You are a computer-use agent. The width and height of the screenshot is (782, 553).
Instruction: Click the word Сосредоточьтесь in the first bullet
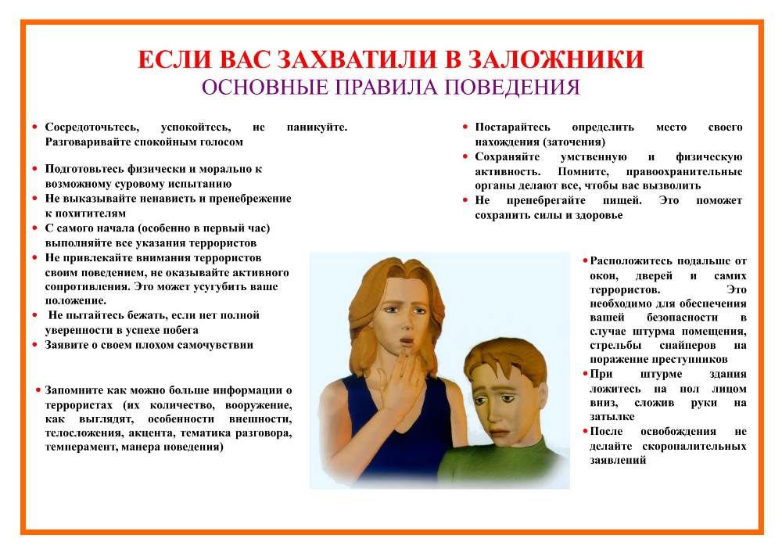click(92, 127)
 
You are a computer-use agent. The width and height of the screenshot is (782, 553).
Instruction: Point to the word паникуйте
click(317, 127)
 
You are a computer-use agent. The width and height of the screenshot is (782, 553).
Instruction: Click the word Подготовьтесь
click(84, 169)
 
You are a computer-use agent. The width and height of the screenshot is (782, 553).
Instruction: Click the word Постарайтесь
click(512, 127)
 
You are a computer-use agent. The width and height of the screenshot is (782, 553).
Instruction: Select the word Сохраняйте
click(508, 157)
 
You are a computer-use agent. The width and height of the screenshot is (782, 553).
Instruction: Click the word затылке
click(612, 416)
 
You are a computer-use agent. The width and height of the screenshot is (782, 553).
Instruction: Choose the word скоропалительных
click(694, 447)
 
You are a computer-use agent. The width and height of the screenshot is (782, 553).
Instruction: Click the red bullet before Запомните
click(38, 390)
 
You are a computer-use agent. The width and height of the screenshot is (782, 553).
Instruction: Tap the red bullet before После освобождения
click(586, 431)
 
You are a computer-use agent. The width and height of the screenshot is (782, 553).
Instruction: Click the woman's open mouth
click(407, 343)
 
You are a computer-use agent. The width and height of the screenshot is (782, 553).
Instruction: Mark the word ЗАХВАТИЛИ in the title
click(356, 59)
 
